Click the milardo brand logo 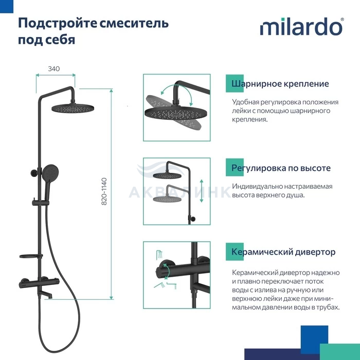click(302, 27)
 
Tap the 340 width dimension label click(54, 68)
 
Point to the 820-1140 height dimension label click(104, 191)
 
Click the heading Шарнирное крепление click(280, 83)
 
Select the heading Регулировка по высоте click(281, 168)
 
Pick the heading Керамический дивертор click(283, 252)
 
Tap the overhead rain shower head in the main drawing click(73, 108)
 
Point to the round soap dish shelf click(31, 256)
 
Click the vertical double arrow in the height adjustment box click(202, 191)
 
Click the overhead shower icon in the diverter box click(159, 255)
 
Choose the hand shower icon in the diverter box click(159, 285)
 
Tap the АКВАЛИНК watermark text click(180, 192)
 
